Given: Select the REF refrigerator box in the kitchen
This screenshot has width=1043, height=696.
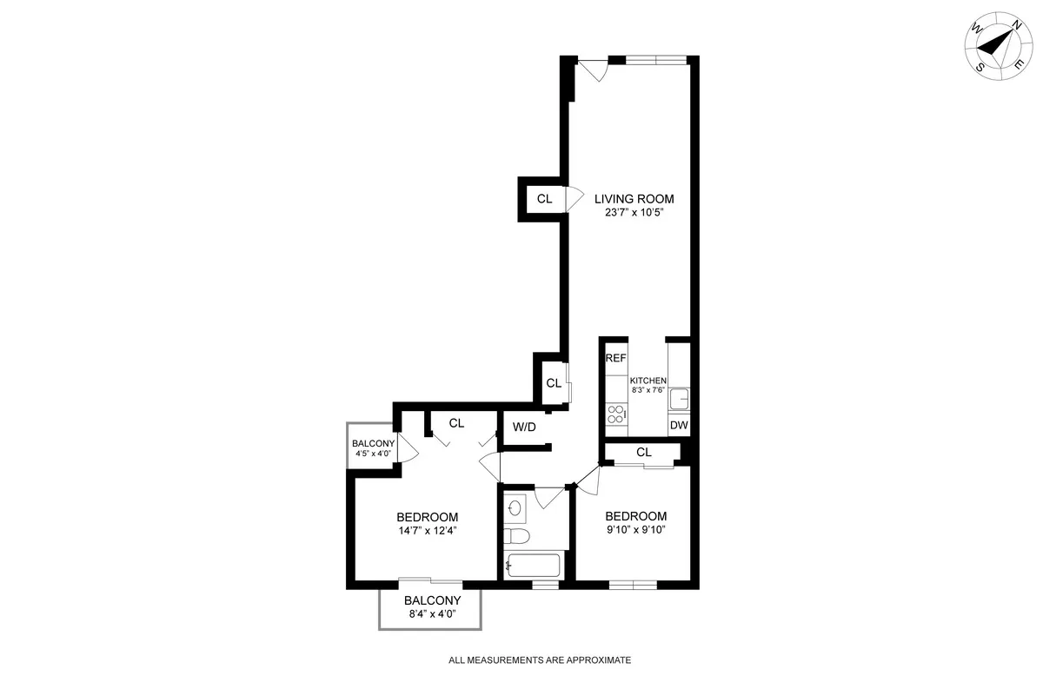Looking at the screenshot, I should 615,358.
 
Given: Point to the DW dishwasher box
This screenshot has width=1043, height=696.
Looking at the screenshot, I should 679,426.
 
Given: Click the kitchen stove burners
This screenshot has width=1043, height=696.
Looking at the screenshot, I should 617,414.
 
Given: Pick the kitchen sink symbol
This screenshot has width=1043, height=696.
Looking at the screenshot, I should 680,399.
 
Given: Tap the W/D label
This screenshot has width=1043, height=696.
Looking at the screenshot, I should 524,427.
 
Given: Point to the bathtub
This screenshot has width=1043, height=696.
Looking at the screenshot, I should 535,566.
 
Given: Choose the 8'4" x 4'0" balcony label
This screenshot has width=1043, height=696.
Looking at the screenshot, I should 432,607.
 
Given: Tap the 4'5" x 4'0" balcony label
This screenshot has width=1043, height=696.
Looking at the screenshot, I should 373,448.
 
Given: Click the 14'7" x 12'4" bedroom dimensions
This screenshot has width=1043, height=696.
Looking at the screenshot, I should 427,531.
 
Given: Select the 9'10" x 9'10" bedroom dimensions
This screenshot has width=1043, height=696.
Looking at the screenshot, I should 635,529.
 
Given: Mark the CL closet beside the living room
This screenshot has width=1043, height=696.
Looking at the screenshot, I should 544,199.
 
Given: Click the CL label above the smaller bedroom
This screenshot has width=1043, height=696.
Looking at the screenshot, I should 644,452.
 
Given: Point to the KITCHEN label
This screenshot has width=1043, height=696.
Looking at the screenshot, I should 648,381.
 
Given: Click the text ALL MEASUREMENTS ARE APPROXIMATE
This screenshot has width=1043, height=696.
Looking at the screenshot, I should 540,660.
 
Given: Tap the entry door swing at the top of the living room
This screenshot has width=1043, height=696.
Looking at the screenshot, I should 594,70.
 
